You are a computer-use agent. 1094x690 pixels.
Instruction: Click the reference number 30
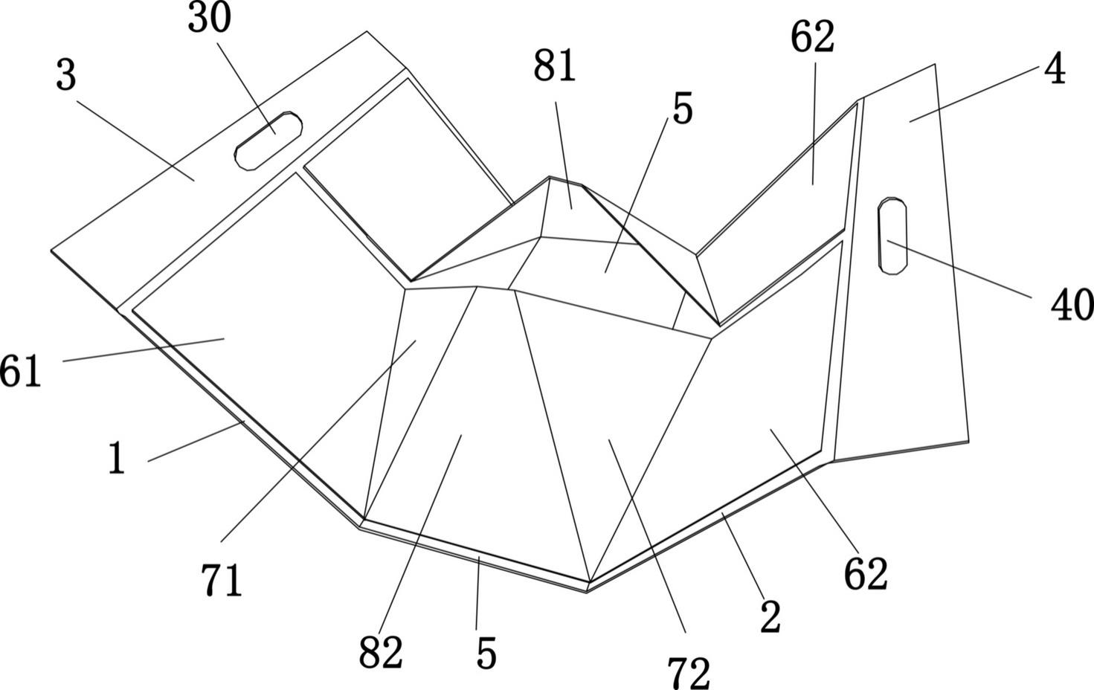pyautogui.click(x=209, y=19)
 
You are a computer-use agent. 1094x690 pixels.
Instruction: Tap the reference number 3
pyautogui.click(x=66, y=76)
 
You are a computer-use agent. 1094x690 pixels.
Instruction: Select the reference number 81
pyautogui.click(x=555, y=67)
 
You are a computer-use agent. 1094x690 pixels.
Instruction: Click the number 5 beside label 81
pyautogui.click(x=682, y=109)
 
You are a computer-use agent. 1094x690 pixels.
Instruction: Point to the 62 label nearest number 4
pyautogui.click(x=812, y=37)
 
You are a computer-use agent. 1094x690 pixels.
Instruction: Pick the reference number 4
pyautogui.click(x=1055, y=71)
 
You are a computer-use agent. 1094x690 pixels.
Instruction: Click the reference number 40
pyautogui.click(x=1072, y=305)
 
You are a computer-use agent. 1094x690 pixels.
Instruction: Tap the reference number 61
pyautogui.click(x=21, y=371)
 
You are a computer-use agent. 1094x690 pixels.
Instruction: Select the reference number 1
pyautogui.click(x=116, y=459)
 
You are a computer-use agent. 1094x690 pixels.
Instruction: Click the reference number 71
pyautogui.click(x=222, y=581)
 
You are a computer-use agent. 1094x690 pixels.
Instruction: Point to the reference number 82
pyautogui.click(x=381, y=653)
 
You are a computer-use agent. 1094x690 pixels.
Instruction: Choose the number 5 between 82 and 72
pyautogui.click(x=486, y=654)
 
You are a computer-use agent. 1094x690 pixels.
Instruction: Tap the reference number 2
pyautogui.click(x=770, y=617)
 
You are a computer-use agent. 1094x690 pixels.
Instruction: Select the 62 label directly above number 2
pyautogui.click(x=866, y=574)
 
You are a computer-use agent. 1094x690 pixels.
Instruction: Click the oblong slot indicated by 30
pyautogui.click(x=268, y=141)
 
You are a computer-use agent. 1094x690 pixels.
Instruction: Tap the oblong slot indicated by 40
pyautogui.click(x=892, y=236)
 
